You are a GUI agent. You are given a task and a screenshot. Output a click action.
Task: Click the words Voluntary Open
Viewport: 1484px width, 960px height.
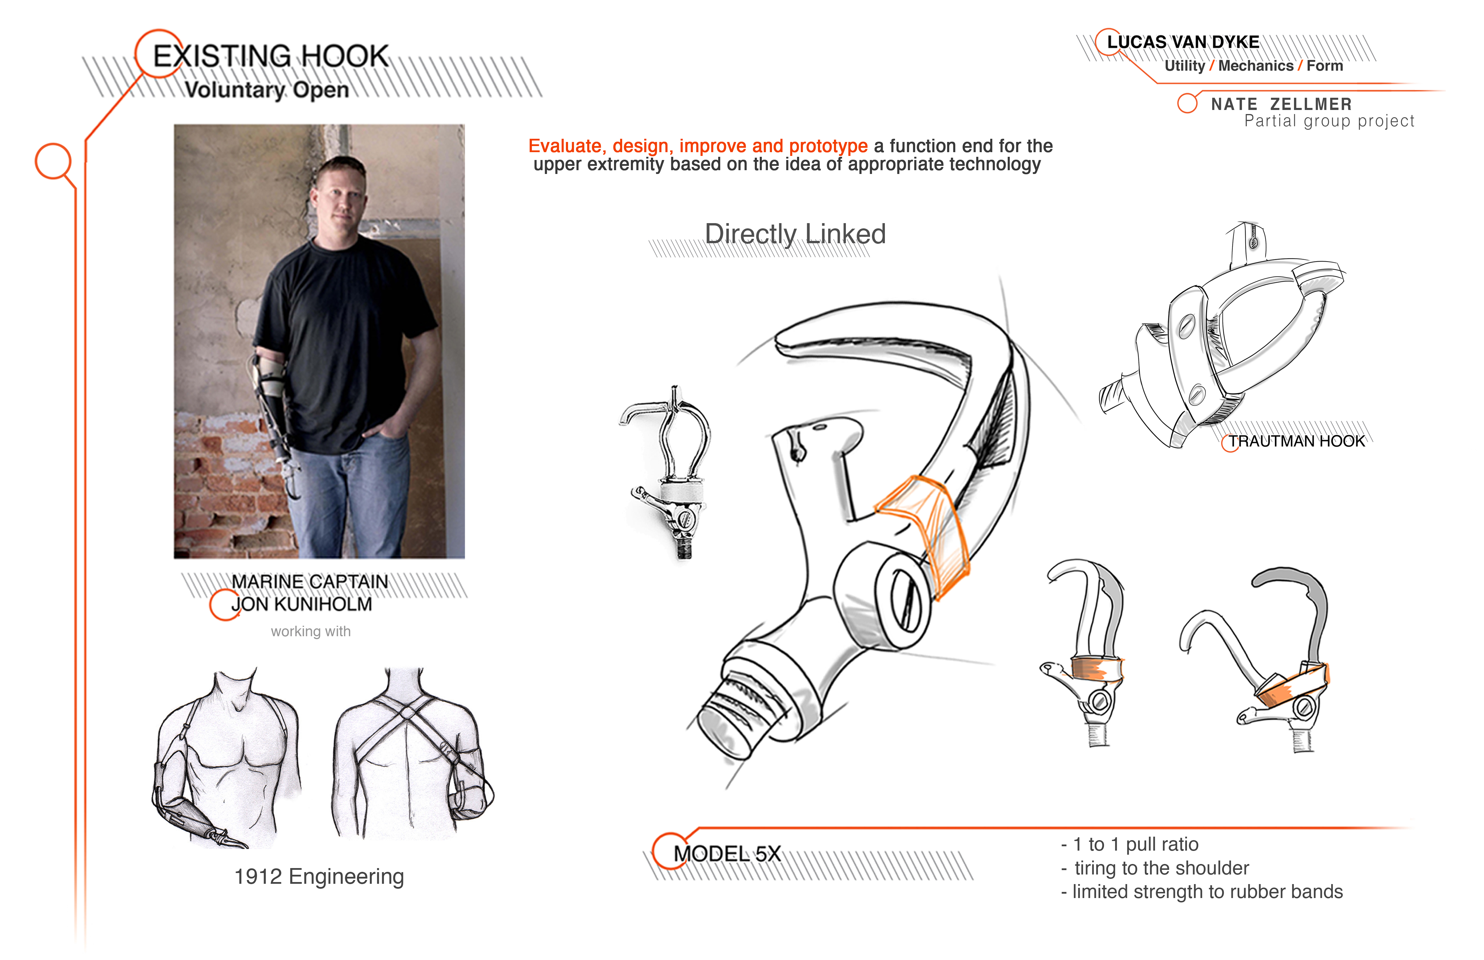tap(267, 90)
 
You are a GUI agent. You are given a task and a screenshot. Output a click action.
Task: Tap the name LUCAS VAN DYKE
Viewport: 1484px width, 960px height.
tap(1183, 42)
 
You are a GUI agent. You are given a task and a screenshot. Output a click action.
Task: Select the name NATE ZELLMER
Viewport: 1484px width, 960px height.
tap(1281, 104)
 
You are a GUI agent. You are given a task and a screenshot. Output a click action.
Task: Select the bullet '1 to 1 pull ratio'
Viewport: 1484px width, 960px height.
tap(1130, 845)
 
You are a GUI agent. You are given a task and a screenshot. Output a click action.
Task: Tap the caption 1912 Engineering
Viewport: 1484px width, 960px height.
tap(319, 877)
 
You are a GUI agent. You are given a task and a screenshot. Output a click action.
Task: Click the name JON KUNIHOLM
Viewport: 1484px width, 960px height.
tap(302, 605)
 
